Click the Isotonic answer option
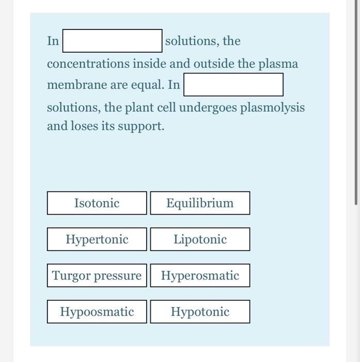tap(97, 203)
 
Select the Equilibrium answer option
tap(200, 203)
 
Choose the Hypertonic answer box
tap(97, 239)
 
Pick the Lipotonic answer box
tap(200, 239)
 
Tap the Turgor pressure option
tap(97, 276)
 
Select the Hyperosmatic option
tap(200, 276)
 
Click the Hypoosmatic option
tap(97, 312)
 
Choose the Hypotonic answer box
tap(200, 312)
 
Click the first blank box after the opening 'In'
tap(113, 41)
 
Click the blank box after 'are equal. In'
tap(233, 85)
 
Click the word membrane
tap(72, 85)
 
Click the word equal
tap(149, 85)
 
